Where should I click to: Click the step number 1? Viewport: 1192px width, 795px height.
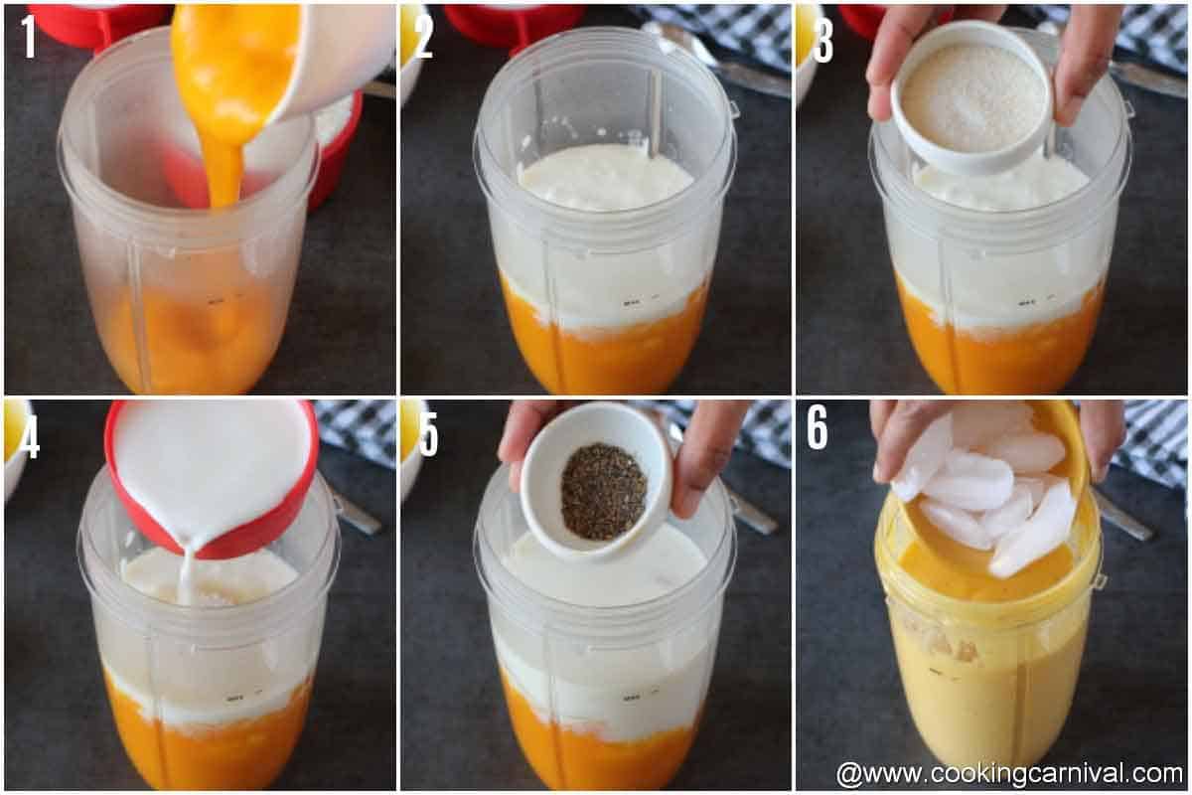click(27, 36)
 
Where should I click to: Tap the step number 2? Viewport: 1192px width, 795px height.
click(424, 36)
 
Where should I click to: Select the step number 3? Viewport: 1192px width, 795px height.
click(822, 36)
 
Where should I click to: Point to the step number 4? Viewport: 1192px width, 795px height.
click(28, 436)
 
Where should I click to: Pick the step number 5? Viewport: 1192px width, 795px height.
click(428, 434)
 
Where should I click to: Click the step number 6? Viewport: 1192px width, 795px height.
click(817, 426)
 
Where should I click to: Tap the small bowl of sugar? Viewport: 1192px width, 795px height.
click(970, 99)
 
